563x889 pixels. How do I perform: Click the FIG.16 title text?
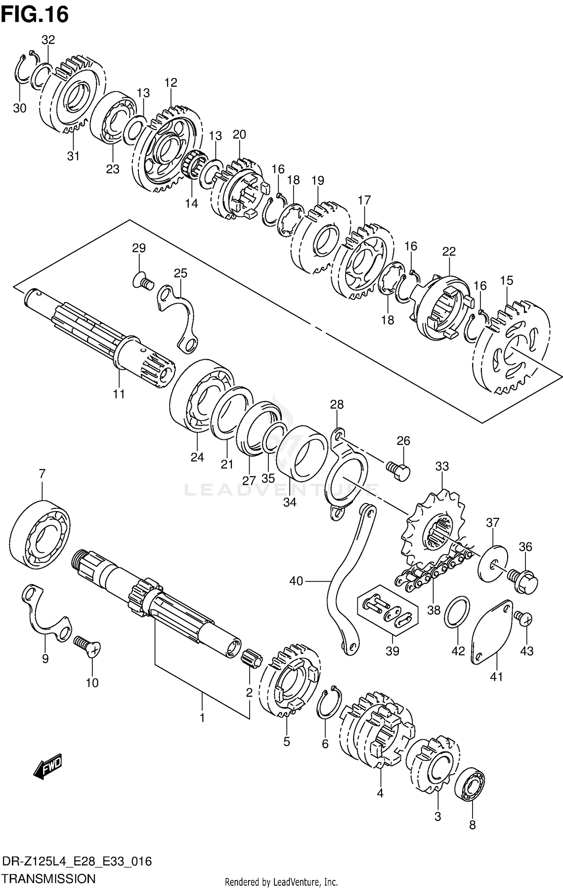tap(35, 15)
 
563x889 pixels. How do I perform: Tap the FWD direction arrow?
tap(48, 764)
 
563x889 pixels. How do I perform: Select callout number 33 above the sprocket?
tap(442, 466)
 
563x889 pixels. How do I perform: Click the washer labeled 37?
tap(492, 563)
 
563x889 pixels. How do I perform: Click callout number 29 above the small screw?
tap(139, 248)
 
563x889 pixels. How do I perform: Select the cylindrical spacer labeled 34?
tap(302, 454)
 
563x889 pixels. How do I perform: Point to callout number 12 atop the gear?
tap(171, 83)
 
